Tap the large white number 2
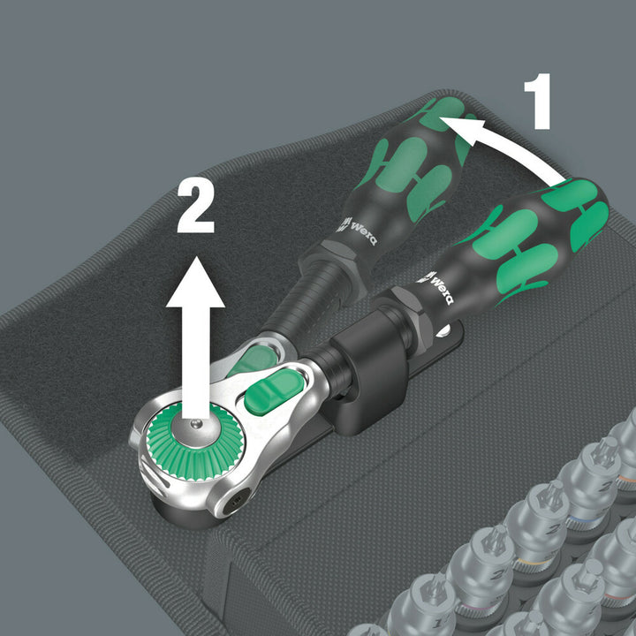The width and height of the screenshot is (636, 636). [x=196, y=205]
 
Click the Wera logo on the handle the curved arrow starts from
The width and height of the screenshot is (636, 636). [x=439, y=286]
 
